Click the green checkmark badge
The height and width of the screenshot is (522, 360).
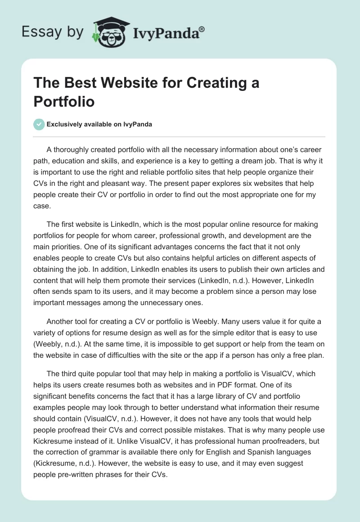click(39, 124)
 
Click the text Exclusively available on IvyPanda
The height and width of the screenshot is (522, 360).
click(99, 125)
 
